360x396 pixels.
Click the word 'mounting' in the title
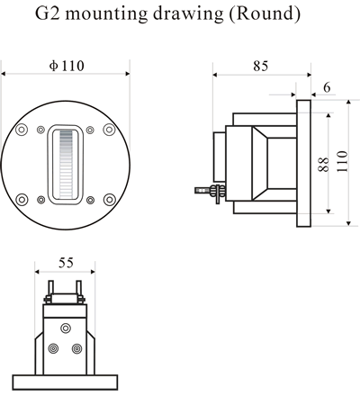(x=106, y=13)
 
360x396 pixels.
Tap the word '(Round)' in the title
(x=265, y=13)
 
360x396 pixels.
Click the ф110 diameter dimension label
(x=67, y=66)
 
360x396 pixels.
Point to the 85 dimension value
(x=260, y=66)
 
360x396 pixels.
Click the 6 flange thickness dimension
(x=327, y=87)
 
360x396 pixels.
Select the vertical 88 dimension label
(x=324, y=165)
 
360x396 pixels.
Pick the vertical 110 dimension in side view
(x=342, y=161)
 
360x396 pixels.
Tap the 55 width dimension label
(x=66, y=263)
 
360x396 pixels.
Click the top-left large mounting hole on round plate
(x=22, y=130)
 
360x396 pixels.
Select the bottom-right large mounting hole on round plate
(x=110, y=200)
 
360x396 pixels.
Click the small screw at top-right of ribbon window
(x=90, y=130)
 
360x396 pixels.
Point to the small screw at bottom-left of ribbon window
(x=40, y=200)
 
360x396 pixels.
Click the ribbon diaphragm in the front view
(x=66, y=165)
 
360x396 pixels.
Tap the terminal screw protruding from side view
(x=210, y=191)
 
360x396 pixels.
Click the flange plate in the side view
(x=303, y=164)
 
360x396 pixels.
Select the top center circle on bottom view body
(x=66, y=328)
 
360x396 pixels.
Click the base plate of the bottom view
(x=65, y=382)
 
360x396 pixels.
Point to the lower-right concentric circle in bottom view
(x=77, y=348)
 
